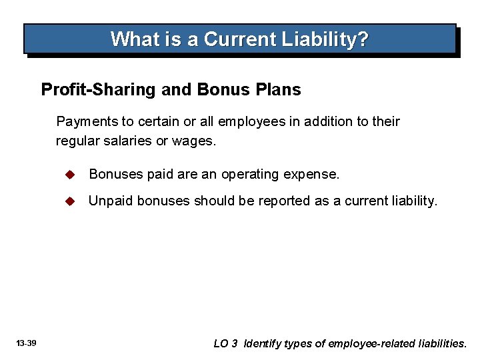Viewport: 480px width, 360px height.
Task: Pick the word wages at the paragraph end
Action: pyautogui.click(x=196, y=141)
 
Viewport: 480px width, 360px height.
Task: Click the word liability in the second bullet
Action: pyautogui.click(x=413, y=201)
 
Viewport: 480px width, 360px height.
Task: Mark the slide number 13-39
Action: pyautogui.click(x=27, y=343)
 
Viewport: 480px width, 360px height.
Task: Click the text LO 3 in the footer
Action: pyautogui.click(x=225, y=344)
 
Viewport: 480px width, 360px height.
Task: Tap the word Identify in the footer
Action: pyautogui.click(x=265, y=344)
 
